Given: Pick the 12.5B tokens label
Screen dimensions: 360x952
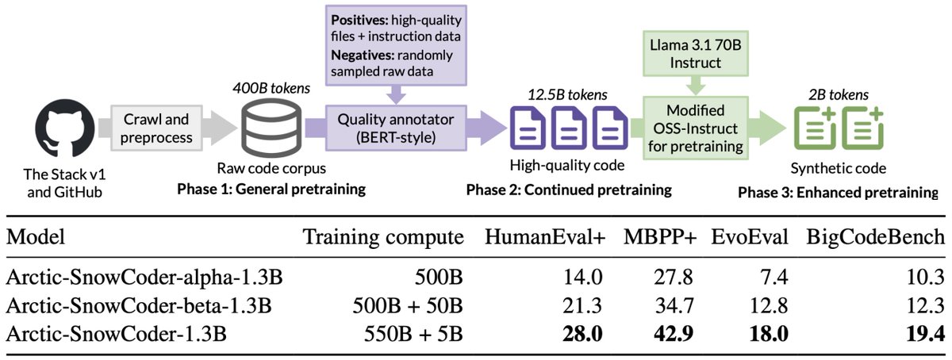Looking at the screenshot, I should click(x=567, y=95).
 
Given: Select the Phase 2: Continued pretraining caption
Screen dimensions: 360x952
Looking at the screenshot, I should click(x=569, y=190).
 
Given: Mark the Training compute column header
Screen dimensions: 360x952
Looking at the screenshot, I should click(x=382, y=236).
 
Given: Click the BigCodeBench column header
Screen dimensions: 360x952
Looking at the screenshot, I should click(x=875, y=236).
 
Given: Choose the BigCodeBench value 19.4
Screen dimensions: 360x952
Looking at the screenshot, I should click(x=926, y=333).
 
